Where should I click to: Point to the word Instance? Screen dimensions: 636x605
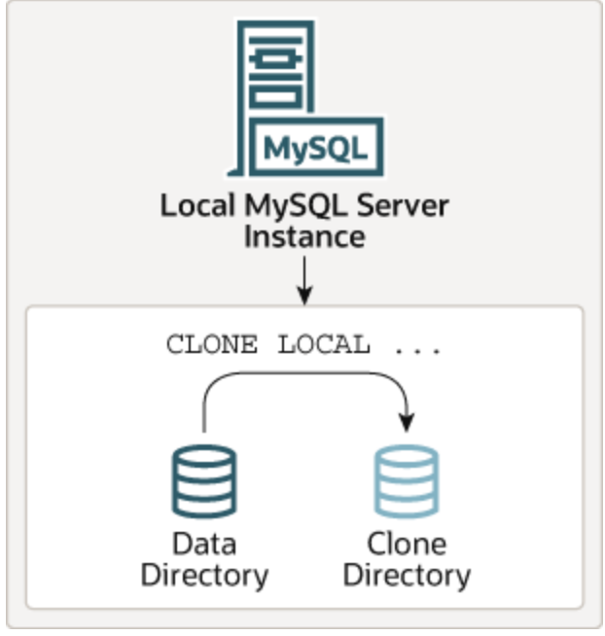click(303, 236)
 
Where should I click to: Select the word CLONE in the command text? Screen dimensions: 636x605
click(211, 345)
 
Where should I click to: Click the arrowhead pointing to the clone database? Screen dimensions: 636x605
click(407, 422)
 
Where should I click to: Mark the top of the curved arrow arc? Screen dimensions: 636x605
click(304, 370)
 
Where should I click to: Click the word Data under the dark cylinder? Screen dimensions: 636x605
click(204, 543)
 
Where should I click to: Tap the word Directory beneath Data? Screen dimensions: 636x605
click(204, 574)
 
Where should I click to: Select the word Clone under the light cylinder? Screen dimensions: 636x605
click(407, 543)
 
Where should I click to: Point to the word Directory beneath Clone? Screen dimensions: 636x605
click(407, 574)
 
